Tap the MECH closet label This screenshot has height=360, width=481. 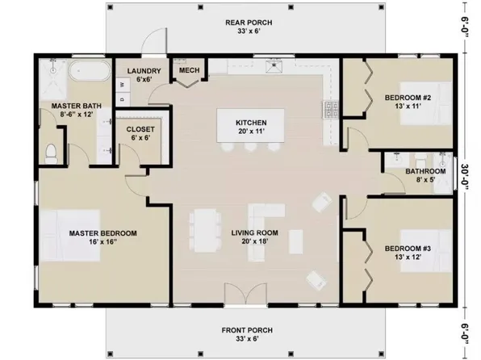[189, 71]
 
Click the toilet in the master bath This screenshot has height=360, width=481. [52, 152]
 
